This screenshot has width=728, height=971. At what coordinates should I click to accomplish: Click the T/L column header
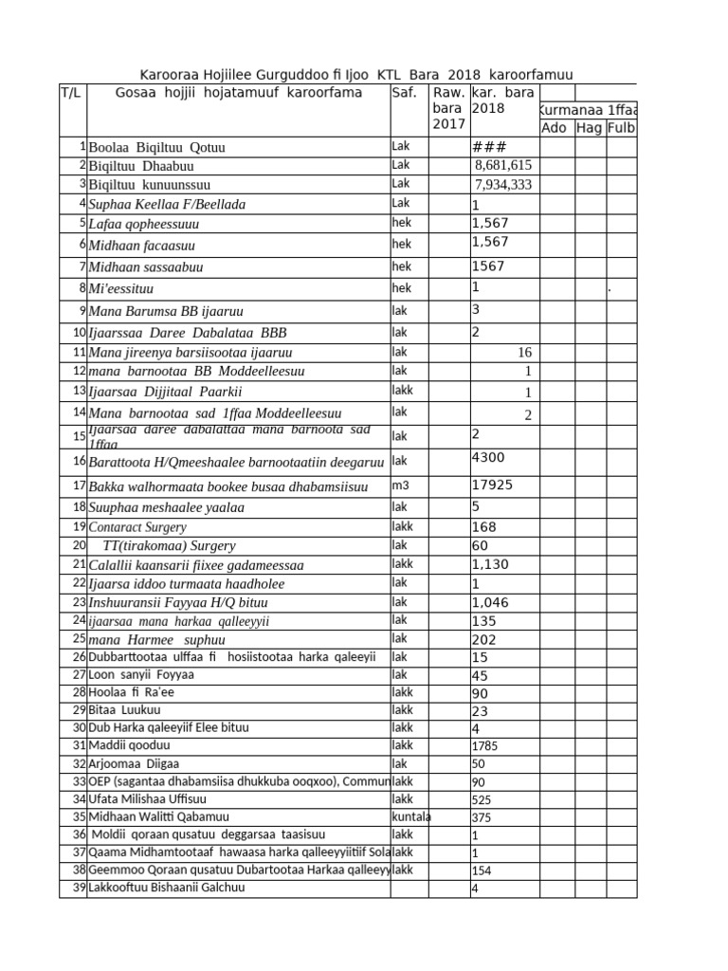pyautogui.click(x=71, y=93)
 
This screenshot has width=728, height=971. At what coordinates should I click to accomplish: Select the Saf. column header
pyautogui.click(x=404, y=93)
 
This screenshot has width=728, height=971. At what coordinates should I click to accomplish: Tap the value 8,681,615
pyautogui.click(x=504, y=166)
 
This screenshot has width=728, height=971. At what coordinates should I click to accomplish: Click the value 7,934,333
pyautogui.click(x=503, y=184)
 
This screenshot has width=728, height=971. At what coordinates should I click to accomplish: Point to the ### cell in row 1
pyautogui.click(x=489, y=147)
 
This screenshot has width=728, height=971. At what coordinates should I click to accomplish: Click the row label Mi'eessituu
pyautogui.click(x=120, y=288)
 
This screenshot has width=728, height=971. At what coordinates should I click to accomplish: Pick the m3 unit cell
pyautogui.click(x=400, y=485)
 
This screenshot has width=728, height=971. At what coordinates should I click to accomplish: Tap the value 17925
pyautogui.click(x=492, y=485)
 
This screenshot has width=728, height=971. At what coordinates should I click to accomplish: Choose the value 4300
pyautogui.click(x=489, y=457)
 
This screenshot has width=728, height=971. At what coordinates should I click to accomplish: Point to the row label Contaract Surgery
pyautogui.click(x=137, y=527)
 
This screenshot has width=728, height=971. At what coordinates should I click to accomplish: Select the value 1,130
pyautogui.click(x=490, y=564)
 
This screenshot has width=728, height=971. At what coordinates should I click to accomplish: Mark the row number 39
pyautogui.click(x=80, y=888)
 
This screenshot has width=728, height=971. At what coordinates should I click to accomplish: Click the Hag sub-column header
pyautogui.click(x=589, y=128)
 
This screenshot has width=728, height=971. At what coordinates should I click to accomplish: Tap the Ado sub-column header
pyautogui.click(x=554, y=128)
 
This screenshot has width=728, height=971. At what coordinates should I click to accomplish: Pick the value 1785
pyautogui.click(x=485, y=745)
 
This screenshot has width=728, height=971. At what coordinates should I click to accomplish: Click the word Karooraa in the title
pyautogui.click(x=165, y=75)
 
